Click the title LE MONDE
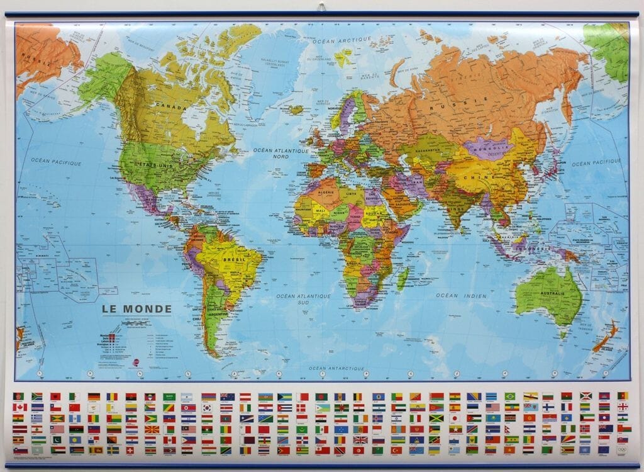tap(136, 309)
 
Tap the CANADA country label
tap(171, 108)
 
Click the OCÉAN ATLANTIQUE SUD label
tap(304, 298)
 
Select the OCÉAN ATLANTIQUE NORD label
tap(281, 154)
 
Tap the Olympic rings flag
tap(623, 450)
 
